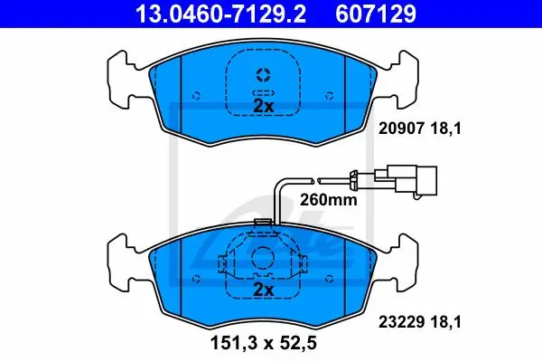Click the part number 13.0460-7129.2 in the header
click(221, 14)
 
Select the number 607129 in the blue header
click(376, 14)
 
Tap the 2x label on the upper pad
click(264, 107)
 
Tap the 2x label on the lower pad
click(264, 290)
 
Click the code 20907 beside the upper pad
click(401, 129)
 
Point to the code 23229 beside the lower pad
click(401, 322)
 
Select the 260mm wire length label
click(329, 200)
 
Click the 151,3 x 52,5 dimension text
click(264, 343)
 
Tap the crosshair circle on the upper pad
click(264, 75)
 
